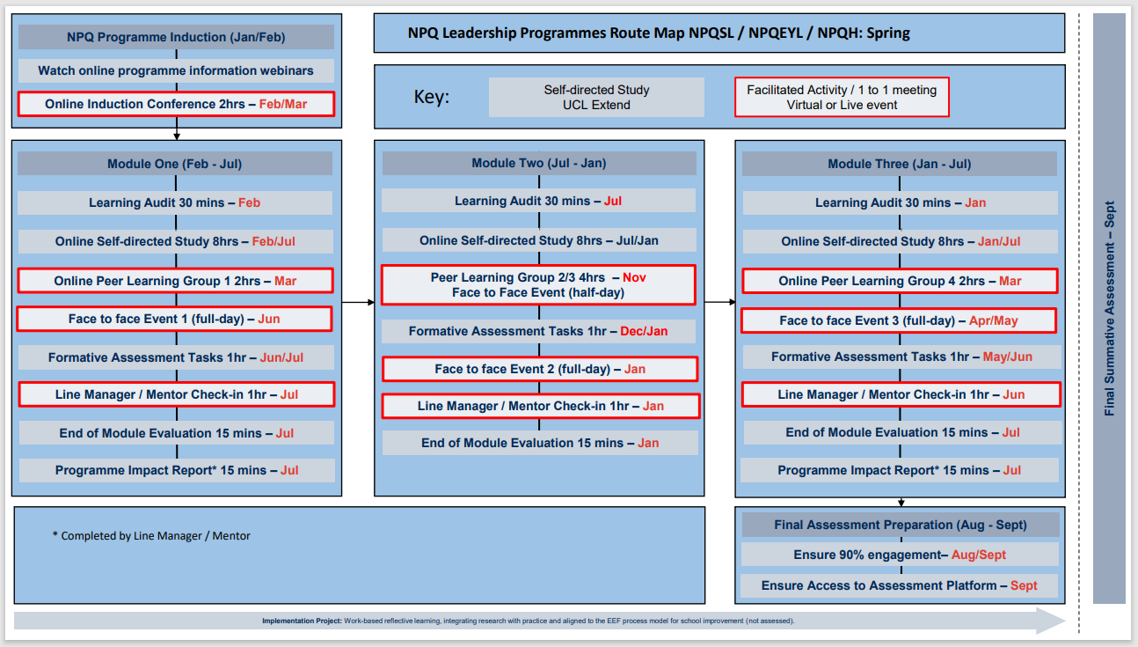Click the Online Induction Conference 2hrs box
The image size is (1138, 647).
[x=176, y=104]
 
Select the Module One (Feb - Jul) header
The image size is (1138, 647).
[x=175, y=164]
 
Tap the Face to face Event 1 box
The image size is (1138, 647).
[x=174, y=319]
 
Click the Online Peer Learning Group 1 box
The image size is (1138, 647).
[x=175, y=281]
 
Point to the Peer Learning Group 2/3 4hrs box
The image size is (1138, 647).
[x=538, y=284]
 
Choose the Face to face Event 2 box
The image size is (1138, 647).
[x=540, y=369]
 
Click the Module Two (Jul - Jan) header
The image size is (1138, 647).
[x=538, y=163]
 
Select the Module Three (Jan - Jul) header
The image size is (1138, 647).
[x=899, y=164]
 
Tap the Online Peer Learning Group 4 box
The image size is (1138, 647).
[x=900, y=281]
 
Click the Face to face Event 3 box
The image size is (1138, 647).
[x=898, y=320]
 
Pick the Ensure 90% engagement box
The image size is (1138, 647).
[x=900, y=555]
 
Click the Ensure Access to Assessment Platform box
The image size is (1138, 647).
[x=900, y=585]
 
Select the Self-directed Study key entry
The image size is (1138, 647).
[x=596, y=97]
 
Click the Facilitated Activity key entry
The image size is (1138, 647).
[x=842, y=97]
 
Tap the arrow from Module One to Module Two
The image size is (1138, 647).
[x=358, y=303]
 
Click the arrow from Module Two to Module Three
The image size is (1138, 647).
[x=719, y=303]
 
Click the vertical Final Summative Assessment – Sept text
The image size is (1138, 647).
[x=1110, y=308]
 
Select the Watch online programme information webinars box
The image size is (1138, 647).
[x=176, y=70]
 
